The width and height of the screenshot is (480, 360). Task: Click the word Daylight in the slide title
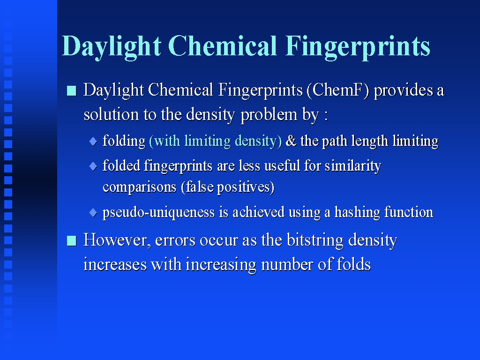(x=112, y=47)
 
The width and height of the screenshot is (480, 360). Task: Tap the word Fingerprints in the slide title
(x=358, y=47)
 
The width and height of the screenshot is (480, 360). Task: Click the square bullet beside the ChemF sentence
(x=71, y=91)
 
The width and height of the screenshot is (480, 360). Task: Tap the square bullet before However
(x=71, y=240)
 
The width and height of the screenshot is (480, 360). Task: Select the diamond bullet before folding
(x=93, y=142)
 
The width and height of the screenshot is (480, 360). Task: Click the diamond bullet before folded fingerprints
(x=93, y=166)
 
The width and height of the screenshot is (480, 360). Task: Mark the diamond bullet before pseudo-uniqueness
(x=93, y=213)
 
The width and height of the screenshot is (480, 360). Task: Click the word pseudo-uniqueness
(x=158, y=213)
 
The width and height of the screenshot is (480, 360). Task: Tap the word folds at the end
(x=353, y=264)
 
